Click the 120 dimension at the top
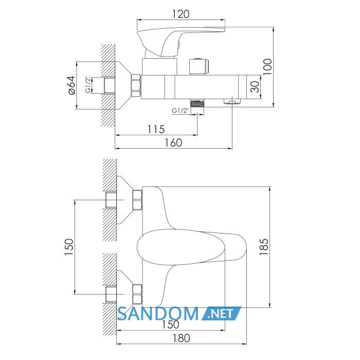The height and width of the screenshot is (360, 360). click(181, 14)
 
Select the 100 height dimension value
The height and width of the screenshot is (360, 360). click(267, 66)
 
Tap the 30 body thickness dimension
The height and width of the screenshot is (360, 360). click(255, 87)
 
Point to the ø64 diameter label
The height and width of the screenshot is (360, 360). click(72, 85)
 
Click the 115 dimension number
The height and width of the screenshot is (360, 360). click(156, 130)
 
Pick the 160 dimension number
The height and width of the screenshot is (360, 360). click(173, 143)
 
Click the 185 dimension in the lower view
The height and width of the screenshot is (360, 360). click(263, 247)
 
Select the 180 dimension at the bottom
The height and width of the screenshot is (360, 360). click(181, 338)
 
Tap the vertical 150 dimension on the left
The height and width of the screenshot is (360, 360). click(69, 247)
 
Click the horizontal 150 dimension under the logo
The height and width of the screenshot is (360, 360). click(170, 325)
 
